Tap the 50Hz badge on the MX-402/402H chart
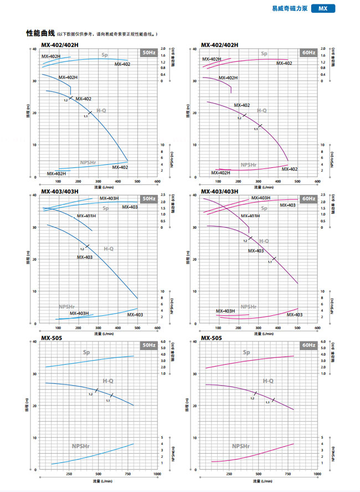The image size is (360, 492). tap(149, 53)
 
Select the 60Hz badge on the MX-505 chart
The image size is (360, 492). tap(308, 345)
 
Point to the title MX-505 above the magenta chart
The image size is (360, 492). tap(212, 338)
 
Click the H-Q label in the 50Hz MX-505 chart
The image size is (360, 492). tap(109, 381)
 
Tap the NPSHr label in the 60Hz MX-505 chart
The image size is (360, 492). tap(240, 446)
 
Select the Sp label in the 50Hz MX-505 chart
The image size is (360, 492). tap(87, 353)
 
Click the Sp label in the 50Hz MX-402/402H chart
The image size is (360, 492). tap(104, 54)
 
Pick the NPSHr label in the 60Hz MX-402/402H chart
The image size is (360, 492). tap(249, 165)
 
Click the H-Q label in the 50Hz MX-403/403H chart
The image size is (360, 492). tap(110, 250)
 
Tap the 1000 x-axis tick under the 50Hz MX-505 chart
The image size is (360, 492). tap(157, 474)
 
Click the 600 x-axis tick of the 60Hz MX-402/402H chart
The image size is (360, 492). tap(317, 181)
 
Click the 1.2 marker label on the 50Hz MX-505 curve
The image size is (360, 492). tap(90, 394)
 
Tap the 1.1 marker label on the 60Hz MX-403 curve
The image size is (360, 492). tap(270, 262)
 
